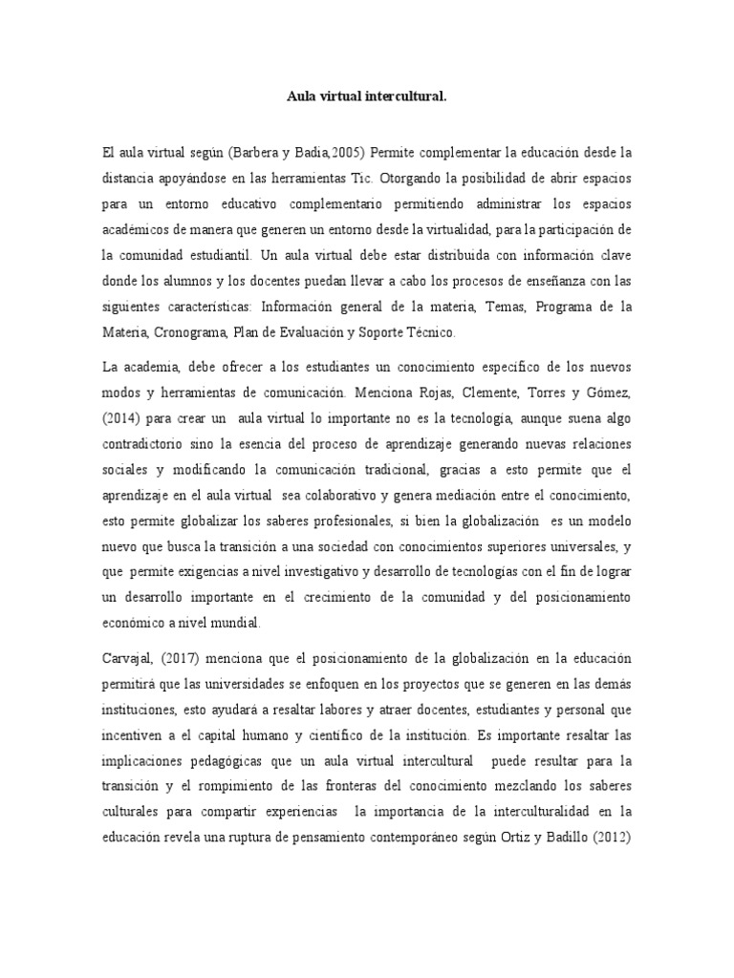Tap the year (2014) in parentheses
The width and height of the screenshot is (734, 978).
click(x=124, y=417)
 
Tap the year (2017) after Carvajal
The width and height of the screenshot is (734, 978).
click(x=198, y=661)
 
